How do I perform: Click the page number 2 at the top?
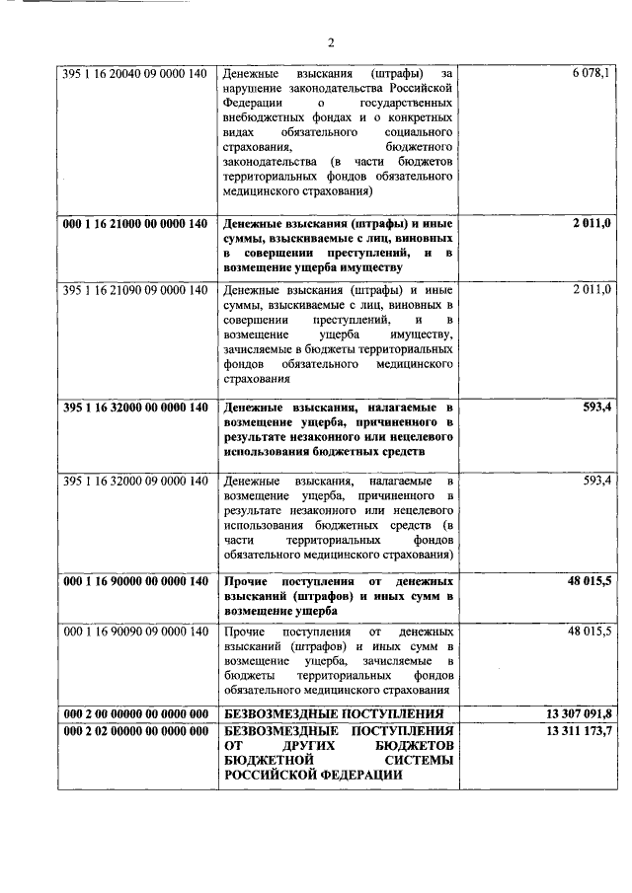(332, 41)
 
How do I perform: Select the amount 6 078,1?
(591, 73)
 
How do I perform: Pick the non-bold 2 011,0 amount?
(591, 290)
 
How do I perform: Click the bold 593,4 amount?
(596, 408)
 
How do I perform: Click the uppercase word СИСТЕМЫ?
(416, 761)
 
